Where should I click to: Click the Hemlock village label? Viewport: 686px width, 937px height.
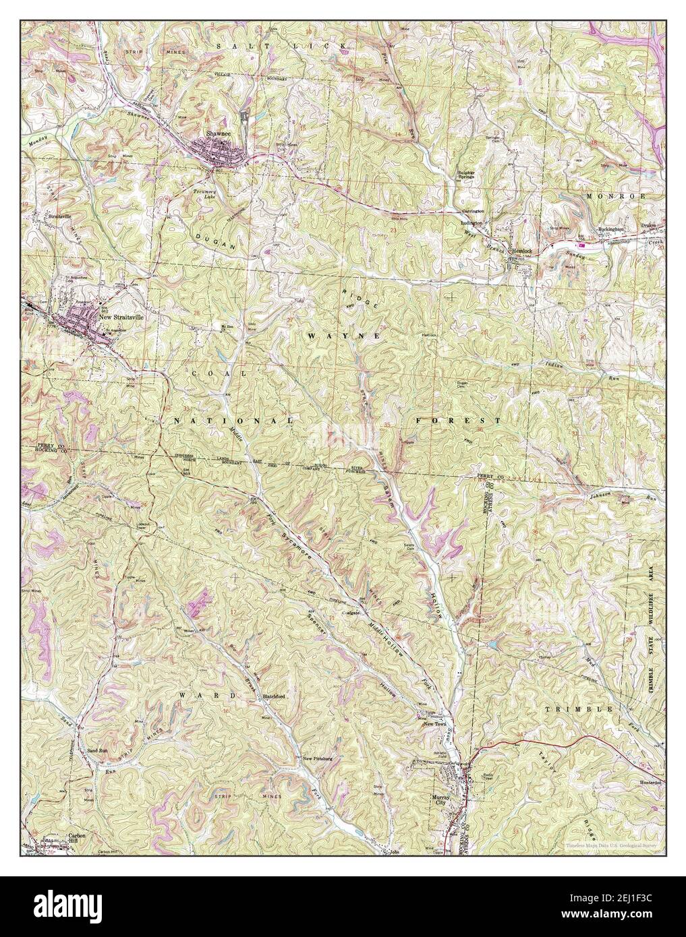[x=521, y=251]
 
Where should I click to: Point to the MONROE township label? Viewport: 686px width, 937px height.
[x=612, y=195]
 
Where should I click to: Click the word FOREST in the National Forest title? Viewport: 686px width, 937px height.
[x=457, y=420]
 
